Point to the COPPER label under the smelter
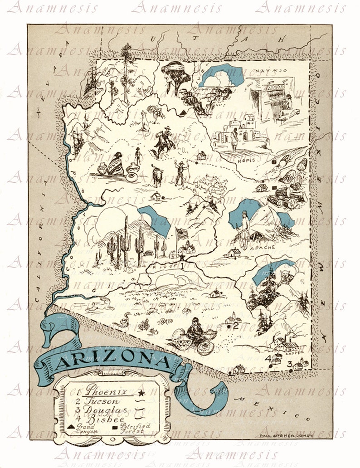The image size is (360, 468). pos(292,352)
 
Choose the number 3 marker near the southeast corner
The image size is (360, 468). pos(289,364)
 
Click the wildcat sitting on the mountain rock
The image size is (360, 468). pos(286,276)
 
